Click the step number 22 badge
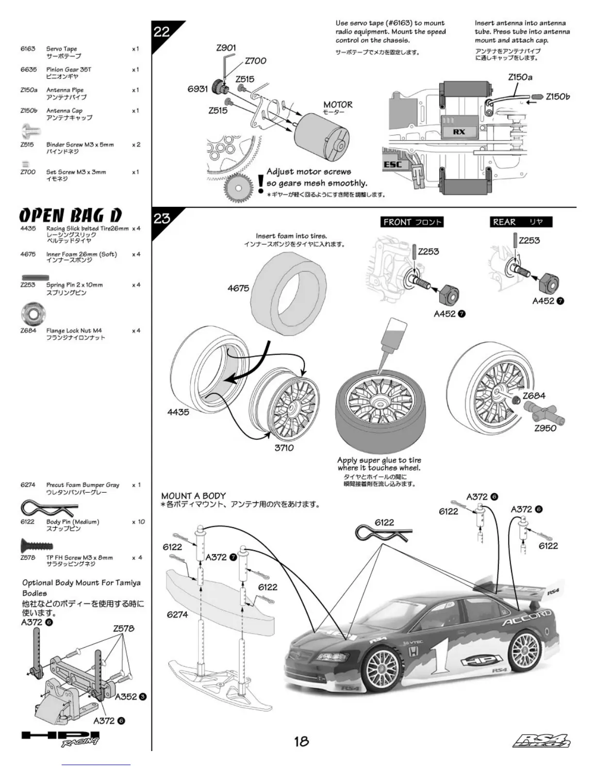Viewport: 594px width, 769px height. pos(162,32)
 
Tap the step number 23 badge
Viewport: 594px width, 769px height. pos(162,218)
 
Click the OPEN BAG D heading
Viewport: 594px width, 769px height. pos(70,215)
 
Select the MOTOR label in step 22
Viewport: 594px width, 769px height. pos(338,105)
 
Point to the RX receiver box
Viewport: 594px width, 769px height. pos(459,132)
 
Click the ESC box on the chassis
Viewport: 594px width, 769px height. pos(393,164)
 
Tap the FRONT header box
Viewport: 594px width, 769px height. pos(412,222)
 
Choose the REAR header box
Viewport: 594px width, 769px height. pos(521,222)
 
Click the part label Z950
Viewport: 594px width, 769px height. pos(545,428)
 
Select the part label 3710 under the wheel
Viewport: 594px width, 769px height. pos(284,448)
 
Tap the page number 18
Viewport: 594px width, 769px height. pos(301,741)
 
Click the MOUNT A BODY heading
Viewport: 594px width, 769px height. pos(193,496)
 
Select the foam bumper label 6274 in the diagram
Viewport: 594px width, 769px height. pos(178,615)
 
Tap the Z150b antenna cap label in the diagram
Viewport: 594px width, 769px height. pos(558,97)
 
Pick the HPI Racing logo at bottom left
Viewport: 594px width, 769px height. pos(61,737)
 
